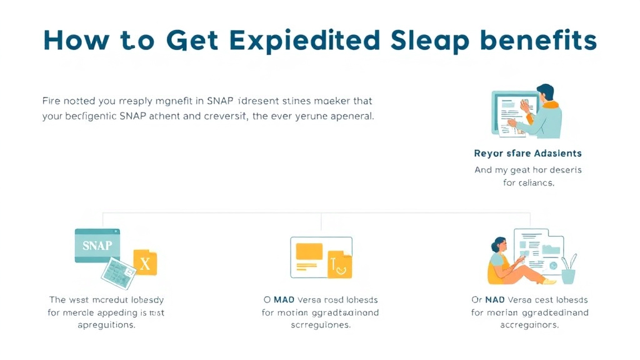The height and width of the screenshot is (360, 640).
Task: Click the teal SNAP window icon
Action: click(x=97, y=245)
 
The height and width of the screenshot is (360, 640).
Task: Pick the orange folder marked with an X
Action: click(x=145, y=263)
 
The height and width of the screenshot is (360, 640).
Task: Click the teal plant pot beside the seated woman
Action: click(x=568, y=275)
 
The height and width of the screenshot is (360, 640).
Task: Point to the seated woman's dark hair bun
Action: click(x=497, y=241)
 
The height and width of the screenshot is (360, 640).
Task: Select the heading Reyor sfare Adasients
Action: click(x=527, y=153)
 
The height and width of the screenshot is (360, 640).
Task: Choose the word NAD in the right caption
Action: click(x=496, y=300)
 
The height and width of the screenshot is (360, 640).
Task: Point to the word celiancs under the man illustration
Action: click(x=536, y=183)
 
